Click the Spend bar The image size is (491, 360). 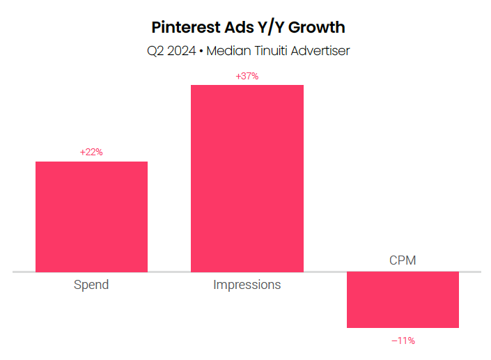pyautogui.click(x=91, y=216)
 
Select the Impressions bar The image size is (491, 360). pyautogui.click(x=247, y=178)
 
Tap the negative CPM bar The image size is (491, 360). pyautogui.click(x=403, y=299)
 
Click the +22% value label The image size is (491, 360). pyautogui.click(x=91, y=152)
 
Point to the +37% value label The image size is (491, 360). pyautogui.click(x=247, y=76)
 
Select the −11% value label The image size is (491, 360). pyautogui.click(x=403, y=341)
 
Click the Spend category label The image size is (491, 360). pyautogui.click(x=91, y=285)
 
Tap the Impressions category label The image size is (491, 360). pyautogui.click(x=247, y=285)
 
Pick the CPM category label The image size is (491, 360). pyautogui.click(x=403, y=261)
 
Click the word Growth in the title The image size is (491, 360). pyautogui.click(x=319, y=28)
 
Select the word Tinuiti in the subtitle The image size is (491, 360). pyautogui.click(x=277, y=50)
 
